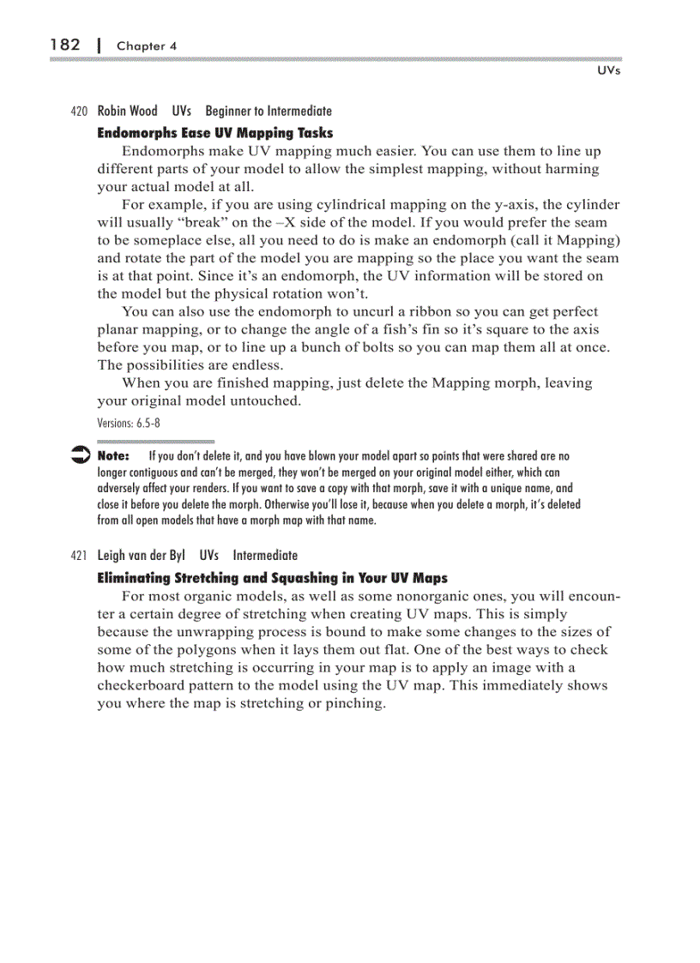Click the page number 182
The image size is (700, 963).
(x=65, y=45)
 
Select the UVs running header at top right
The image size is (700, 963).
(x=608, y=70)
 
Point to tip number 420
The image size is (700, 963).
(x=79, y=111)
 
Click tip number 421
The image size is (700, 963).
(x=79, y=556)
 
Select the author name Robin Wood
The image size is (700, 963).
(x=127, y=111)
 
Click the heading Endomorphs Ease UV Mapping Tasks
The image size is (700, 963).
(x=214, y=133)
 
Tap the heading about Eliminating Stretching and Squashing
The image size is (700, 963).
(x=272, y=578)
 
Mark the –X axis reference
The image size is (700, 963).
(x=312, y=223)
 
